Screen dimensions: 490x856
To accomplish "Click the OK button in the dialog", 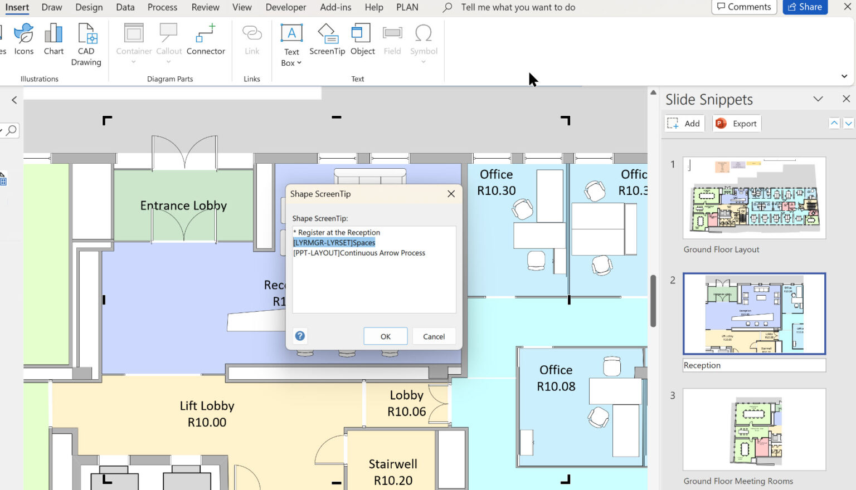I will click(385, 336).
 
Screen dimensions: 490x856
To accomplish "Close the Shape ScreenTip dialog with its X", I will click(451, 194).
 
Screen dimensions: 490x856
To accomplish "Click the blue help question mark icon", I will click(300, 336).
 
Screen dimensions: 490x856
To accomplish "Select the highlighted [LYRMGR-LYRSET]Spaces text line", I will click(334, 243).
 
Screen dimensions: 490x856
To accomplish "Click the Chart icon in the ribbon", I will click(53, 39).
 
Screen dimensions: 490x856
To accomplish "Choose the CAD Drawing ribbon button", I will click(86, 45).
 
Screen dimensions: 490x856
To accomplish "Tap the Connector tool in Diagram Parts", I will click(206, 39).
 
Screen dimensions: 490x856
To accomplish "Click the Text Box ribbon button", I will click(291, 45).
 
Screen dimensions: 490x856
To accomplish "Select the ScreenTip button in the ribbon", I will click(327, 39).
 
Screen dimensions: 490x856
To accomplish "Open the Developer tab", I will click(286, 7).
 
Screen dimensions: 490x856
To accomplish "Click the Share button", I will click(805, 7).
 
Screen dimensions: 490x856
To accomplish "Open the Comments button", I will click(744, 7).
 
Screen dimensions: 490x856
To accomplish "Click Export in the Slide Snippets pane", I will click(737, 124).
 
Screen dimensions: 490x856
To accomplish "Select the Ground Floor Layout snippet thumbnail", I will click(754, 198).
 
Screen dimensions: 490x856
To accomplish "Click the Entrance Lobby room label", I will click(183, 205).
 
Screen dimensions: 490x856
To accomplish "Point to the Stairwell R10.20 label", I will click(393, 472).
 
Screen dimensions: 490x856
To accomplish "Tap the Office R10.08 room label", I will click(556, 378).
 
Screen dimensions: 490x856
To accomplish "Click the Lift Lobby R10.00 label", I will click(207, 414).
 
